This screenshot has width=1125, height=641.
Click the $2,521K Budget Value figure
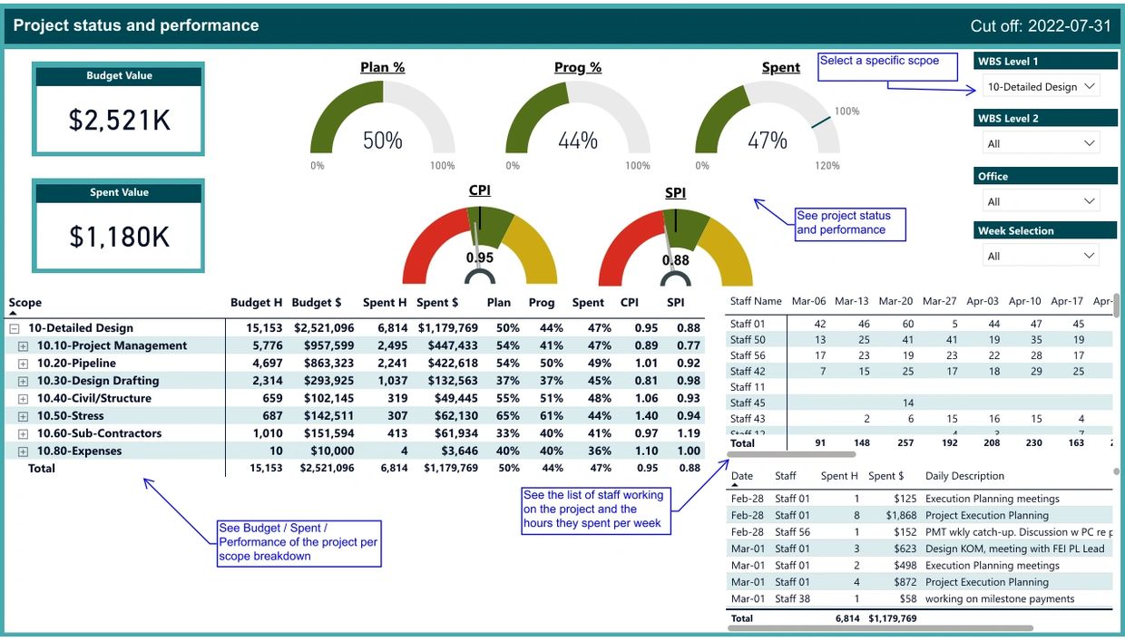coord(119,120)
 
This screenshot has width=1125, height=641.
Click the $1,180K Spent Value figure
coord(119,237)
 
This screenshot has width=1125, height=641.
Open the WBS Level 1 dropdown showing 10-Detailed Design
coord(1041,87)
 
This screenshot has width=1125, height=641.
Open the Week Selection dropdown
coord(1041,257)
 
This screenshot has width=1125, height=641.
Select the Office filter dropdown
coord(1041,201)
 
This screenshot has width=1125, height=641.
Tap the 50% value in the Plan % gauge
coord(382,141)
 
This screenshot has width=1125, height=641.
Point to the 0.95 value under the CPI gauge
coord(480,257)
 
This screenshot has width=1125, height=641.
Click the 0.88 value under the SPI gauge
coord(675,260)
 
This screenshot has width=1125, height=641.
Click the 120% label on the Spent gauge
coord(827,166)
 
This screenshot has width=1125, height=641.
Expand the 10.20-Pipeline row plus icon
coord(24,364)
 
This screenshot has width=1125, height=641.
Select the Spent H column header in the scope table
coord(385,303)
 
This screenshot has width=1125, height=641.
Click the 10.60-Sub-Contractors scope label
coord(99,433)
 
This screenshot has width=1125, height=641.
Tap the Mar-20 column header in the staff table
coord(895,301)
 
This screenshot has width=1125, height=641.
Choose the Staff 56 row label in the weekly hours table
coord(748,355)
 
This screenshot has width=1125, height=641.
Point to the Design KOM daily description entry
coord(1014,549)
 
